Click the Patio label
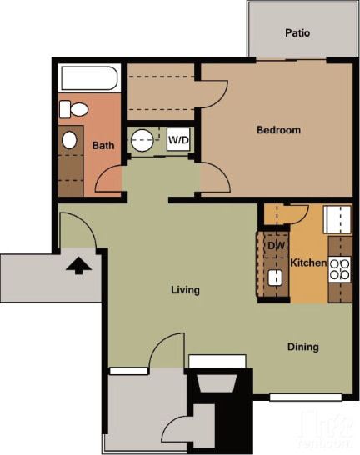point(297,33)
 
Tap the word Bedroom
point(278,130)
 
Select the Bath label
point(103,145)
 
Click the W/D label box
point(178,139)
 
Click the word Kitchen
point(308,263)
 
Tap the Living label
point(185,290)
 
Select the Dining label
point(303,347)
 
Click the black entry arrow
point(77,266)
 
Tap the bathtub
point(91,80)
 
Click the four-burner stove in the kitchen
point(340,268)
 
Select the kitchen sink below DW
point(274,277)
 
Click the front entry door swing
point(77,228)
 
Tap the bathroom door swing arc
point(108,177)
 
